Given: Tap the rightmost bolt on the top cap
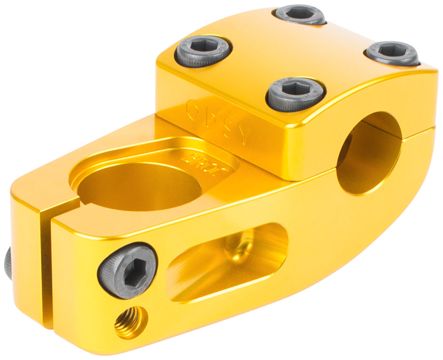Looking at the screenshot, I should point(392,53).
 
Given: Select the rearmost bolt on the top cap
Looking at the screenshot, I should point(300,14).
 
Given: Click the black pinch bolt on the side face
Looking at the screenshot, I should point(127,270).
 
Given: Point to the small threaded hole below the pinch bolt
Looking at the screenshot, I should point(130,322).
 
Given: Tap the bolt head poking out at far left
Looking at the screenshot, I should point(8,263).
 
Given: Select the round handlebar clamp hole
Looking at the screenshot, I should point(369,152).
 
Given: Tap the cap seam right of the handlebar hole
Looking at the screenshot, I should point(418,131).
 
